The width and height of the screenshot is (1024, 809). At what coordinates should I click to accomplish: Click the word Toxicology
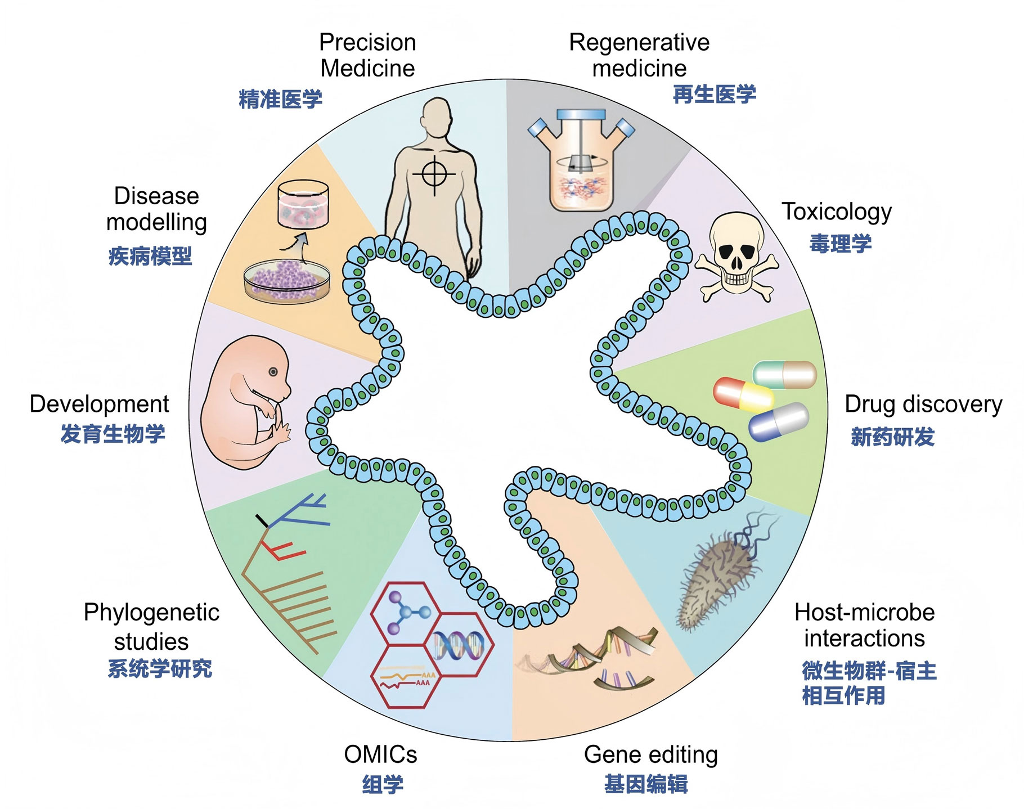click(837, 212)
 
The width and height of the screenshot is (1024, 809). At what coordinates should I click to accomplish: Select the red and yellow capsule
click(743, 393)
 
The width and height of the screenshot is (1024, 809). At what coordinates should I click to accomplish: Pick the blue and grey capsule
click(779, 421)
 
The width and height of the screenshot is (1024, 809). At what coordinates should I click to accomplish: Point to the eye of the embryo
click(273, 372)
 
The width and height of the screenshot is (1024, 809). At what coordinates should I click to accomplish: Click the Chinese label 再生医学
click(715, 94)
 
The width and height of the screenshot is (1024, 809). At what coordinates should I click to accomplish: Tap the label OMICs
click(380, 754)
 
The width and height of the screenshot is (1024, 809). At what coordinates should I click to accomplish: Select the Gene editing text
click(650, 754)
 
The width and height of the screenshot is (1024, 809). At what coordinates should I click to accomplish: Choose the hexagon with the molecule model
click(406, 613)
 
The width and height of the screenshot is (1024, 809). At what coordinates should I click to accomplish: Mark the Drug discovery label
click(923, 404)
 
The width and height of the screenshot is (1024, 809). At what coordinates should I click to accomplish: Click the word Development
click(99, 404)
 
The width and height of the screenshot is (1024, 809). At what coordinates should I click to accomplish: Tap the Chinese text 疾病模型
click(150, 256)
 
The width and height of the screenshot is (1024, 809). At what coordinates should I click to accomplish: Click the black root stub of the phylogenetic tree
click(262, 521)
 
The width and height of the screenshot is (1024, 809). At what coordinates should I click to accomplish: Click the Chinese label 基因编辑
click(646, 784)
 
